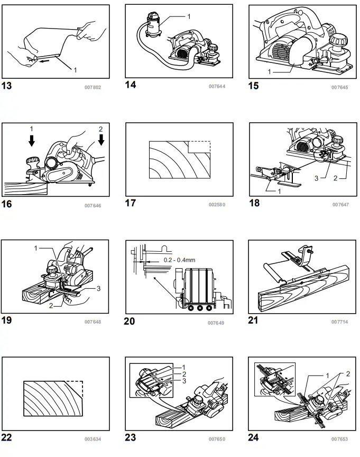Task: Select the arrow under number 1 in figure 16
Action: [31, 140]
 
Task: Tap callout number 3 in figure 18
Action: [317, 178]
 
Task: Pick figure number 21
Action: [254, 321]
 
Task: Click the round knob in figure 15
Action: [337, 38]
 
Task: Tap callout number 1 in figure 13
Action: [75, 70]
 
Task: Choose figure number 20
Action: [130, 321]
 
